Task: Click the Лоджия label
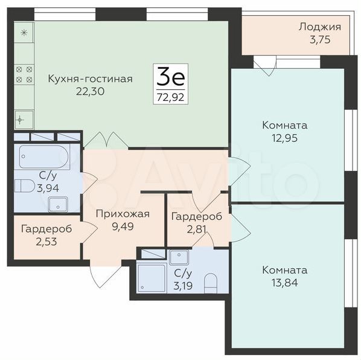(320, 27)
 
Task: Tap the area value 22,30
(90, 91)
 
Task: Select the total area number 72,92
(171, 97)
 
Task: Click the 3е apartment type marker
(171, 77)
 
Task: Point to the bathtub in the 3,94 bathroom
(44, 156)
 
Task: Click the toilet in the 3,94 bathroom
(24, 185)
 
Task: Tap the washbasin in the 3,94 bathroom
(58, 204)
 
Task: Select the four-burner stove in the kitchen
(24, 74)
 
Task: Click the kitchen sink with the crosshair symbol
(24, 120)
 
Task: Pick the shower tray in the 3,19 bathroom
(152, 278)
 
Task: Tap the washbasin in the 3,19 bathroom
(179, 257)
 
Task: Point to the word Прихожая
(123, 214)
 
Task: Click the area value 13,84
(284, 282)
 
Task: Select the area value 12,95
(284, 138)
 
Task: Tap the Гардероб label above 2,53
(46, 229)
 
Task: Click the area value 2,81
(196, 229)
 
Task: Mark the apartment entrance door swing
(105, 274)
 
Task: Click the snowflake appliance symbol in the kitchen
(24, 33)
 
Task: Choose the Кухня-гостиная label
(91, 79)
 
